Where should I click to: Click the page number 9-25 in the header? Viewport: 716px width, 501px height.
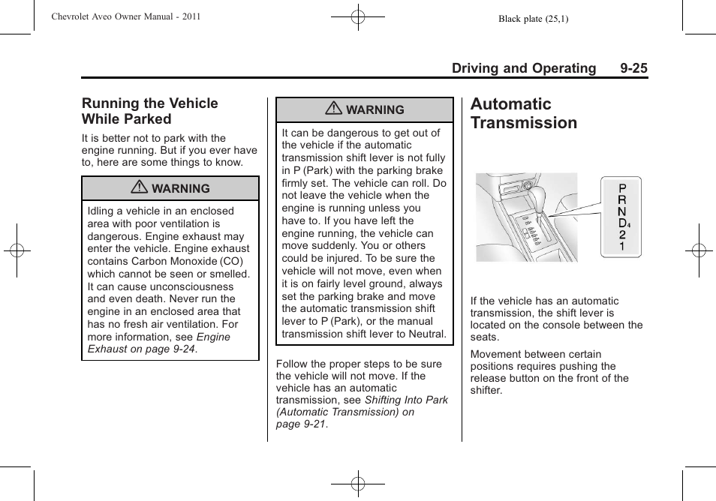point(633,68)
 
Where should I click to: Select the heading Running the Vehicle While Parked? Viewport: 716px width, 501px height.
point(150,111)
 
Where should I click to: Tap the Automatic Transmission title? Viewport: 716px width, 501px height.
point(524,113)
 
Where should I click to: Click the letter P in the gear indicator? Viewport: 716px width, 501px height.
point(622,188)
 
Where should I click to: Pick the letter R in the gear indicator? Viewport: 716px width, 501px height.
point(622,200)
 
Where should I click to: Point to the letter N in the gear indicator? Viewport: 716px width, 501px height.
point(622,211)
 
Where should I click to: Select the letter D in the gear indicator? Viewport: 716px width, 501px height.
point(622,223)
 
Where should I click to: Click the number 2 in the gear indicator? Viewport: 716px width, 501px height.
point(622,235)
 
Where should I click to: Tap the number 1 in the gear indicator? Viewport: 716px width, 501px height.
point(622,246)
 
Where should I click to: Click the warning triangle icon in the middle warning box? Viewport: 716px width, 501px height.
point(335,109)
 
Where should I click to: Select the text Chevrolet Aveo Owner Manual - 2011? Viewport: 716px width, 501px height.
point(125,16)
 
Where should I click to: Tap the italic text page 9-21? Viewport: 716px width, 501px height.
point(301,424)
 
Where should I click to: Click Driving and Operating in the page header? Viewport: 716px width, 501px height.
point(523,68)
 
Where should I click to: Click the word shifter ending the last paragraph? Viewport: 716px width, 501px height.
point(486,390)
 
